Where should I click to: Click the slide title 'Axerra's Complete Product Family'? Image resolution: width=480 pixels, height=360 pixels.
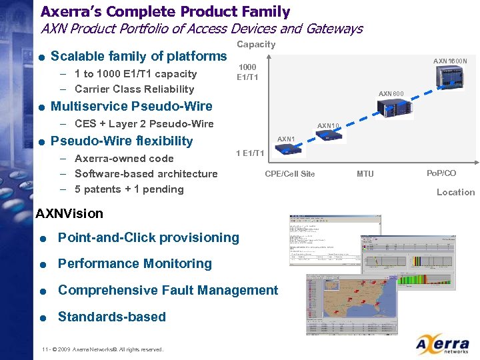[x=165, y=11]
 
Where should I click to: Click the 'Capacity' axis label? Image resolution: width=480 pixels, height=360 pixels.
[x=256, y=44]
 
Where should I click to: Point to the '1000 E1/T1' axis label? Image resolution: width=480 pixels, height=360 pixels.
[x=247, y=72]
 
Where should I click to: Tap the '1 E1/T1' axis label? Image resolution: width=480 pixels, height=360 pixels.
[x=251, y=153]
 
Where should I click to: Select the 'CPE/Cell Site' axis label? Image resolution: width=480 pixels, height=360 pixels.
[x=289, y=174]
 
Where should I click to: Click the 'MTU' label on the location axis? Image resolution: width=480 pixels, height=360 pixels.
[x=365, y=174]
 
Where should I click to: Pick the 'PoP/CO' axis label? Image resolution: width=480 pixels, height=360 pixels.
[x=441, y=173]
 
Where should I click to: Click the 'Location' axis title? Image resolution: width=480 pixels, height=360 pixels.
[x=455, y=192]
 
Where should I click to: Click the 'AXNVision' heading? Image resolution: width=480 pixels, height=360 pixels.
[x=69, y=213]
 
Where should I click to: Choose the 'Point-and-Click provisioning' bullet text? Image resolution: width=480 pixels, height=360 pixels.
[x=148, y=237]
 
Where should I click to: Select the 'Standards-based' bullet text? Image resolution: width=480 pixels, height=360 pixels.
[x=111, y=317]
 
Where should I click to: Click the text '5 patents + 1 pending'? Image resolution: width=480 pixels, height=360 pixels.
[x=129, y=189]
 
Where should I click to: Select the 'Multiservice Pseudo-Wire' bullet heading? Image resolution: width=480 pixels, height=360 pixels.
[x=131, y=106]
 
